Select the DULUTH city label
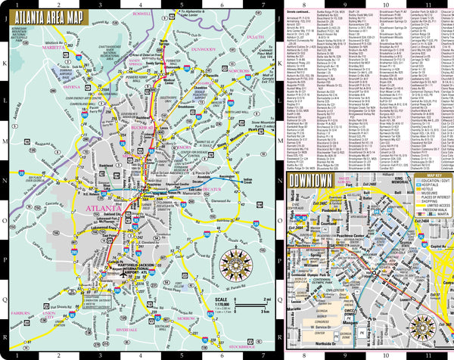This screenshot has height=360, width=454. pos(255,36)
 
